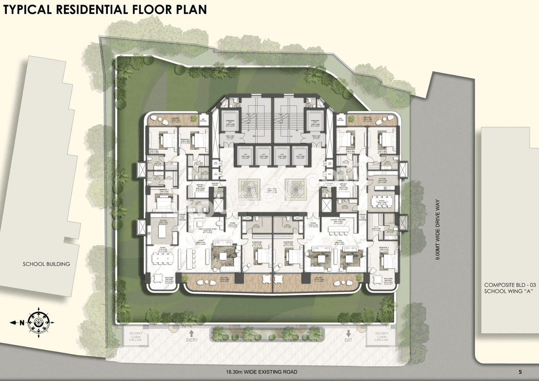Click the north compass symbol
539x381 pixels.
click(38, 322)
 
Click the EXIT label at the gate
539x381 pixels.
click(348, 339)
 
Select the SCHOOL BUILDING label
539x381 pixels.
click(46, 264)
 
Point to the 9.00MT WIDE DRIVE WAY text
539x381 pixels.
click(438, 231)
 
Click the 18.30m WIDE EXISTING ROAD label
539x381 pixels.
click(261, 372)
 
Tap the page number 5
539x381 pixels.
click(520, 372)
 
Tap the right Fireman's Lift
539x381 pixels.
click(315, 122)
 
